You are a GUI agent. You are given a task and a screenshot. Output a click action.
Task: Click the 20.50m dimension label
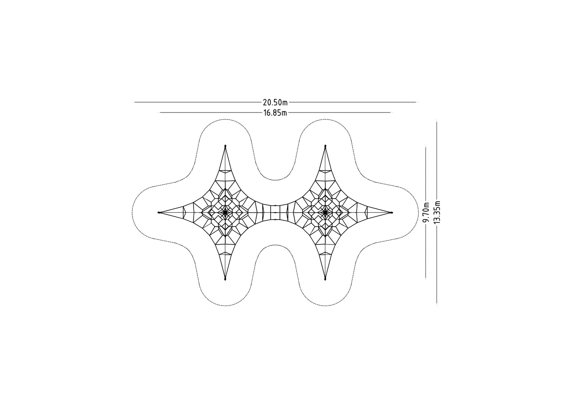click(275, 103)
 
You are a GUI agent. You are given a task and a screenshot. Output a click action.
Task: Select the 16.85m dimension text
click(275, 113)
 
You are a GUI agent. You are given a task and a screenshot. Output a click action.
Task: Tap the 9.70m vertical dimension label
click(426, 212)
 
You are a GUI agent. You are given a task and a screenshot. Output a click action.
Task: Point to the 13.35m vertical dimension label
click(437, 212)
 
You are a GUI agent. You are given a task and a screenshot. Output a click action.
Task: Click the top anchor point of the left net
click(225, 146)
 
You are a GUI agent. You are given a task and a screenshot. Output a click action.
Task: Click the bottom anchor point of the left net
click(225, 279)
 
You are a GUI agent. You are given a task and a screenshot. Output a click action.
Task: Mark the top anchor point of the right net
click(325, 146)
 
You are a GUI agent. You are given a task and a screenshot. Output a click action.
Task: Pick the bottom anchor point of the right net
click(325, 279)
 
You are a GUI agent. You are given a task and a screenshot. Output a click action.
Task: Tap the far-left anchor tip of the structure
click(159, 212)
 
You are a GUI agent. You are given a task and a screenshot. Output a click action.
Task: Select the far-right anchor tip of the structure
click(391, 212)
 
